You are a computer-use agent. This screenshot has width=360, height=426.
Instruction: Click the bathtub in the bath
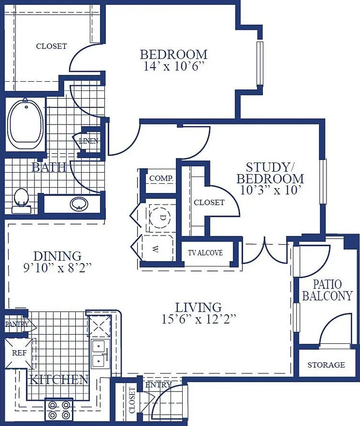click(x=26, y=124)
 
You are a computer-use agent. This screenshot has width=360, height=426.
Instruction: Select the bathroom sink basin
click(x=79, y=204)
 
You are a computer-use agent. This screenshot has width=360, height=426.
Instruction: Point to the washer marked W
click(x=157, y=248)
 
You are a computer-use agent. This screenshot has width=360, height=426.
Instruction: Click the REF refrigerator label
click(x=19, y=353)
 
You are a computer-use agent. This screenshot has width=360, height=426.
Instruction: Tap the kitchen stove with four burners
click(x=59, y=410)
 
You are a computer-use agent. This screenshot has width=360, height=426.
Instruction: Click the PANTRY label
click(x=17, y=324)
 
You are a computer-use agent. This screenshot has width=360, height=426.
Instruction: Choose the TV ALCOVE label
click(x=205, y=253)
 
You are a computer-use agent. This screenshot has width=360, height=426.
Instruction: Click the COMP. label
click(x=161, y=178)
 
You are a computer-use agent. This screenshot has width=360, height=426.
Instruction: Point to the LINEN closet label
click(x=88, y=141)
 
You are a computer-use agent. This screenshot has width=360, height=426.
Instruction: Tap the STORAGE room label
click(x=326, y=365)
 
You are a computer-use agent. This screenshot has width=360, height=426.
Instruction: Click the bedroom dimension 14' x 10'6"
click(x=173, y=66)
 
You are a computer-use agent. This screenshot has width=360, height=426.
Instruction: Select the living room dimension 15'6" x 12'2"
click(x=199, y=319)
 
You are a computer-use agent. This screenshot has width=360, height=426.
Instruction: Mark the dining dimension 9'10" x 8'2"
click(x=57, y=268)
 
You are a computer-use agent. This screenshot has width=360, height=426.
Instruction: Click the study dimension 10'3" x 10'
click(x=271, y=190)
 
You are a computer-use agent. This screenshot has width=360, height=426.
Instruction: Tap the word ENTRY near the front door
click(x=158, y=385)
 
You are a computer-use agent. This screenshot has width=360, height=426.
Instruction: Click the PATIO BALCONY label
click(x=327, y=290)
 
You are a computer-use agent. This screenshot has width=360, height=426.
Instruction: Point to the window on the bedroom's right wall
click(x=260, y=64)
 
